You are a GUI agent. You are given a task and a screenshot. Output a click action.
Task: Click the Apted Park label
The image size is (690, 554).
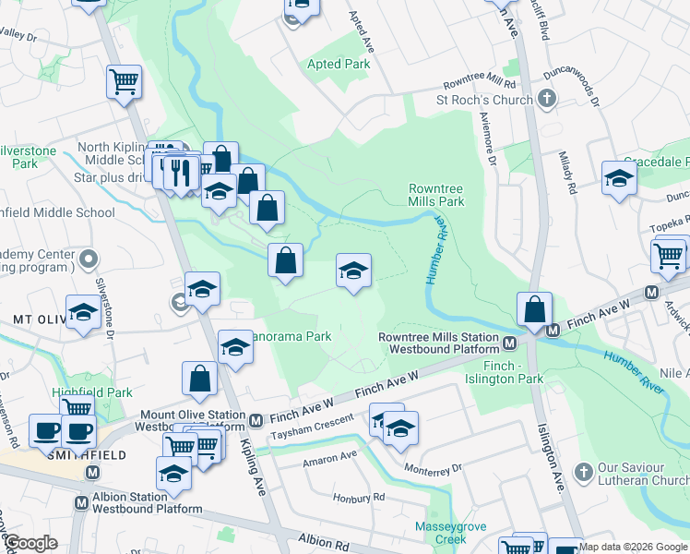coord(339,65)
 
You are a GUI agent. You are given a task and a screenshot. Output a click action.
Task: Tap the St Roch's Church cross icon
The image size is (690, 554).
coord(546,99)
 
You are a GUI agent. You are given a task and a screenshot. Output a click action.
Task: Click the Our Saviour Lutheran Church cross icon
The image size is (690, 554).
coord(581,472)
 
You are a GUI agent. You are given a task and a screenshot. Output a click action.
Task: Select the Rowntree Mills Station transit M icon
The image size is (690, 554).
coord(508,343)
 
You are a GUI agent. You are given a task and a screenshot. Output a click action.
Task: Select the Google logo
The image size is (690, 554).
coord(30,544)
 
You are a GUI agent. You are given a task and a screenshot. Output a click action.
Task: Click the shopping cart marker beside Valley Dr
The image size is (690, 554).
coord(124,82)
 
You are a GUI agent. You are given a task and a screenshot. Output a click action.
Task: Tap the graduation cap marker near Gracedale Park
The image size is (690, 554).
coord(619,178)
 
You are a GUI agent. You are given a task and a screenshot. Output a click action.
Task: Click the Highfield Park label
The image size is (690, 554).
coord(79,392)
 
